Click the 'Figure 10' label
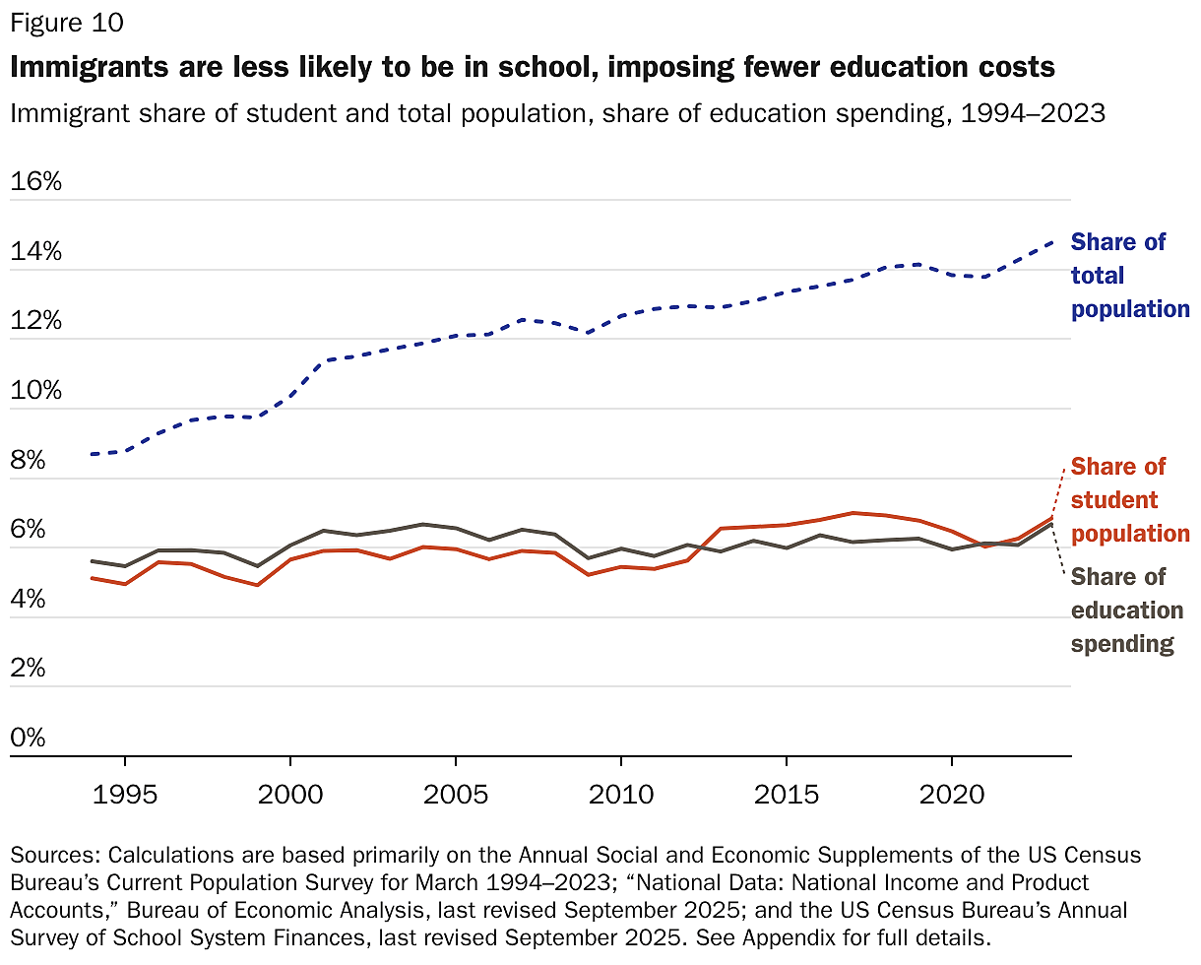tap(67, 22)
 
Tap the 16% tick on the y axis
tap(35, 182)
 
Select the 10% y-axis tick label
tap(35, 391)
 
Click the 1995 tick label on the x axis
tap(125, 795)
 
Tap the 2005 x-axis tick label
tap(455, 795)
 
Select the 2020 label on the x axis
tap(951, 795)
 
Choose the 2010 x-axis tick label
tap(620, 795)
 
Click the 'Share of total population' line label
tap(1129, 276)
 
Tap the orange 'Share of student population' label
tap(1129, 500)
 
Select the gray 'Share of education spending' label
tap(1126, 611)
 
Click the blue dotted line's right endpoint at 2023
tap(1051, 241)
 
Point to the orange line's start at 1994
tap(92, 578)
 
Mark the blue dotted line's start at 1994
tap(92, 454)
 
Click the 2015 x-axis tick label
tap(786, 795)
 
